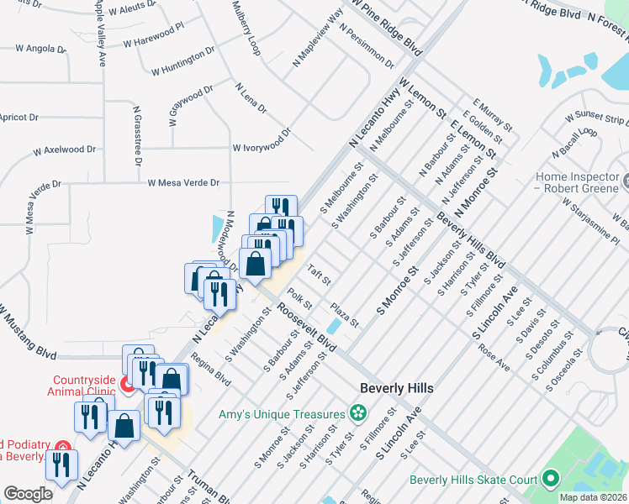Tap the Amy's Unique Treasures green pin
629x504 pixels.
click(x=358, y=413)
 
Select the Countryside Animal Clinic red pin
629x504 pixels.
click(x=128, y=386)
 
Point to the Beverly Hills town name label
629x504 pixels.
click(x=397, y=388)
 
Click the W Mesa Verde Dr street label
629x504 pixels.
click(x=183, y=182)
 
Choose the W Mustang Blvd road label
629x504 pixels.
click(x=28, y=331)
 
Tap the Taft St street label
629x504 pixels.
click(x=319, y=273)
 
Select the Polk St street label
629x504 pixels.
click(x=300, y=298)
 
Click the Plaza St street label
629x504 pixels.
click(x=345, y=316)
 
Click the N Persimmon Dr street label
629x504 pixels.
click(x=367, y=45)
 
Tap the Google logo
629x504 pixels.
click(x=29, y=494)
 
